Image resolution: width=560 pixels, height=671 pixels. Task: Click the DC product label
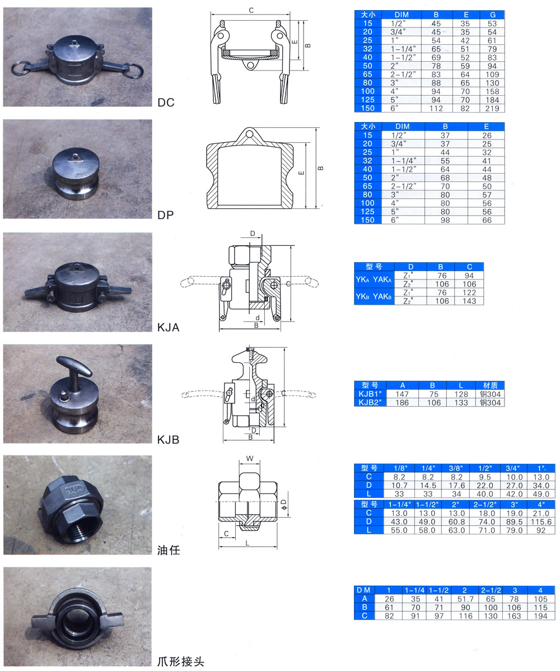[166, 102]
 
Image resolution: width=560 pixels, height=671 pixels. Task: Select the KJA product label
[168, 328]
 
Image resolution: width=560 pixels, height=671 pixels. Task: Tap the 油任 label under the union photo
[169, 551]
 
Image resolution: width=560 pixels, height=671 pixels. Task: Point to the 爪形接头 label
[180, 661]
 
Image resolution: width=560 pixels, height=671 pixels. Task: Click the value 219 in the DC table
[492, 108]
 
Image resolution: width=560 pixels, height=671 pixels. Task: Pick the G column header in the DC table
[492, 15]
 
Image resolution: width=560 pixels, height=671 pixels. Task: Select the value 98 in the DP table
[445, 220]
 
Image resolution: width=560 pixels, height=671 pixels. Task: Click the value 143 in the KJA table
[469, 301]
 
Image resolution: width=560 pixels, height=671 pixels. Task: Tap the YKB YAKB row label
[374, 296]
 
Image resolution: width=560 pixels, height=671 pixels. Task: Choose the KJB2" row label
[370, 403]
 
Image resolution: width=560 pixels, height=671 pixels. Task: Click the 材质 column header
[490, 385]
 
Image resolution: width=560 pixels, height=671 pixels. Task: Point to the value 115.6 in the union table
[541, 521]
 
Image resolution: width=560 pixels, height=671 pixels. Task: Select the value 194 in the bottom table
[540, 616]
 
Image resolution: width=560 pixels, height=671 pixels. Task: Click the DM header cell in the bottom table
[363, 590]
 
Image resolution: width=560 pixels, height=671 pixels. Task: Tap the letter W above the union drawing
[250, 458]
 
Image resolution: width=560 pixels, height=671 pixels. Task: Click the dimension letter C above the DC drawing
[251, 10]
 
